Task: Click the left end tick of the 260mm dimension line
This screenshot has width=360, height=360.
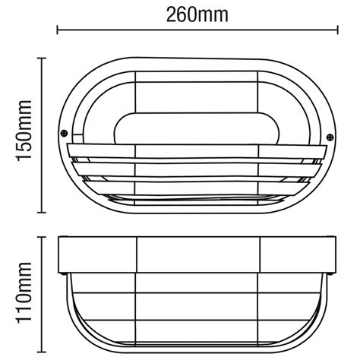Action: [59, 31]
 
